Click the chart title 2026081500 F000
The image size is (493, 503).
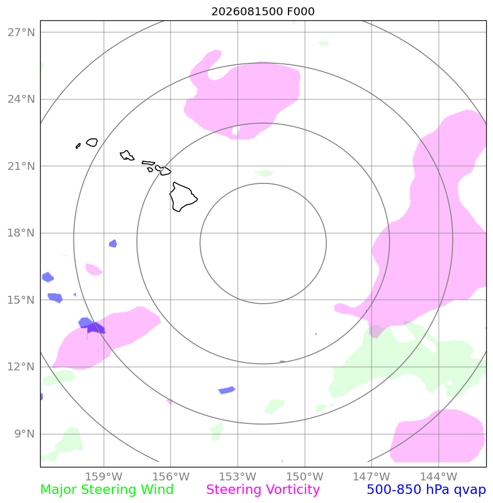[263, 11]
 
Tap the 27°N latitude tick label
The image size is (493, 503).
[21, 32]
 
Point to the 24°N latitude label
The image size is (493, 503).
[21, 99]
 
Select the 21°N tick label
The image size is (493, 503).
[21, 166]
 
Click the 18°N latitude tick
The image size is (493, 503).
[21, 233]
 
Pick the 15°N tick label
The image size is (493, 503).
[21, 300]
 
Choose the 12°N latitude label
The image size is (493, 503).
[21, 366]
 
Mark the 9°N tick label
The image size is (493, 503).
[24, 434]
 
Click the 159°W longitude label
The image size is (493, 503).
[104, 476]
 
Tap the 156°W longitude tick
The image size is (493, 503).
[171, 476]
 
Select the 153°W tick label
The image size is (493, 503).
[238, 476]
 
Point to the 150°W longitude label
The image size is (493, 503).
[304, 476]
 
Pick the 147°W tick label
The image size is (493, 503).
[372, 476]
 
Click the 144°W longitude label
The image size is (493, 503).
[438, 476]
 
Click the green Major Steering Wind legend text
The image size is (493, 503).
[107, 490]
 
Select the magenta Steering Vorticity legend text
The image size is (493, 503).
[263, 490]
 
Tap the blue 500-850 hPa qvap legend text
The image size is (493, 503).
[426, 490]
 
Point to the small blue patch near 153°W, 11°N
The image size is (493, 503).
[226, 390]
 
